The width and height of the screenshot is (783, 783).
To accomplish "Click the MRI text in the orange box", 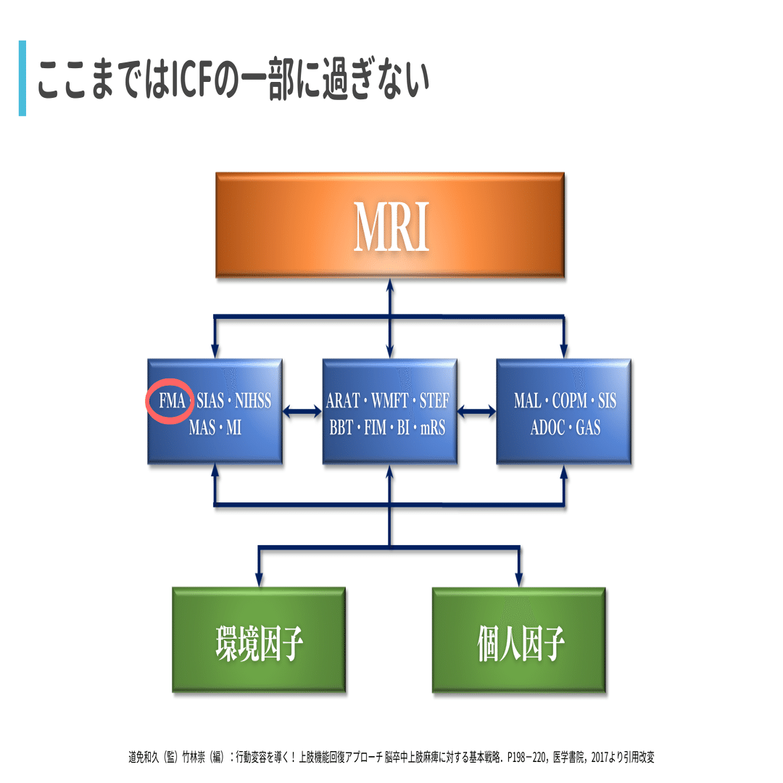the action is (x=391, y=226).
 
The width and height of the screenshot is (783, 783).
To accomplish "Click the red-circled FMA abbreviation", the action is (x=172, y=400).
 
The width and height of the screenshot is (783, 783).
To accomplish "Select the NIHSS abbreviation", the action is (x=253, y=400).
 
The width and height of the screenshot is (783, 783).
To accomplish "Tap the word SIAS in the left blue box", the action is (x=210, y=400).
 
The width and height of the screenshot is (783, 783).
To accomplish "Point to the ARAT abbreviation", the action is (x=343, y=400).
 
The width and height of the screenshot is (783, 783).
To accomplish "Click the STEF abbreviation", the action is (x=434, y=400).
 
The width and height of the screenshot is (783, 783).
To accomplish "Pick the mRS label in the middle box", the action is (x=432, y=428).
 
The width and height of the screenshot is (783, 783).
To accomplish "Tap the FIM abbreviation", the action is (x=375, y=428).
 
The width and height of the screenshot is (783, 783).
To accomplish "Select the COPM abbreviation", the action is (x=570, y=400).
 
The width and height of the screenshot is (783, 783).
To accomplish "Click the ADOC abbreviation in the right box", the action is (x=548, y=428).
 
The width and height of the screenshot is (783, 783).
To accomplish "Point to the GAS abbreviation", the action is (x=588, y=428).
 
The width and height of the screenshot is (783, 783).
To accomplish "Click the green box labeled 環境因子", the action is (x=259, y=639).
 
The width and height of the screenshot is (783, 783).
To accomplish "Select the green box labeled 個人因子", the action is (x=519, y=639).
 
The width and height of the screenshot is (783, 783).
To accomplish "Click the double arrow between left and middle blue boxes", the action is (x=302, y=412).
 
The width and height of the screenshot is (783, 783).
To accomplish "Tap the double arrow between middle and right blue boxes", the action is (x=476, y=412).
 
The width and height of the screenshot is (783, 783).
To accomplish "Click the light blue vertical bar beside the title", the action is (x=22, y=78).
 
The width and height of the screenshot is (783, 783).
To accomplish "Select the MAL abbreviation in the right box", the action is (x=527, y=400).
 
